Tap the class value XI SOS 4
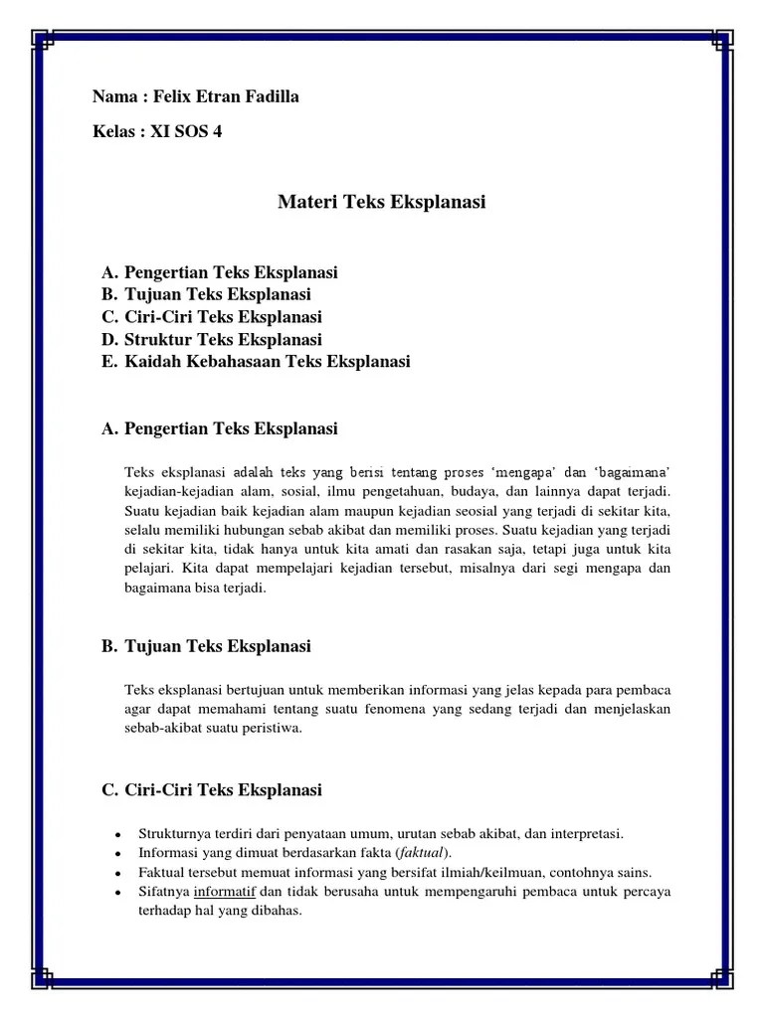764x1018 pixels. (186, 131)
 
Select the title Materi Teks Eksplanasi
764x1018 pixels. (381, 203)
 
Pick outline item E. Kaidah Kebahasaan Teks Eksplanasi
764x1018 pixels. (256, 362)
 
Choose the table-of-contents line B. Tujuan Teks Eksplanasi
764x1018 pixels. (206, 294)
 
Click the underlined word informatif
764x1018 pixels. (226, 892)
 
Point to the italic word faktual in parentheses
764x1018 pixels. (421, 853)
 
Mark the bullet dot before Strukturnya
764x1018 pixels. (117, 834)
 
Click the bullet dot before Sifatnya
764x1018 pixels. (117, 892)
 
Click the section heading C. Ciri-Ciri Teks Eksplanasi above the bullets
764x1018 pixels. (212, 790)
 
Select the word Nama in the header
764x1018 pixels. (114, 96)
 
